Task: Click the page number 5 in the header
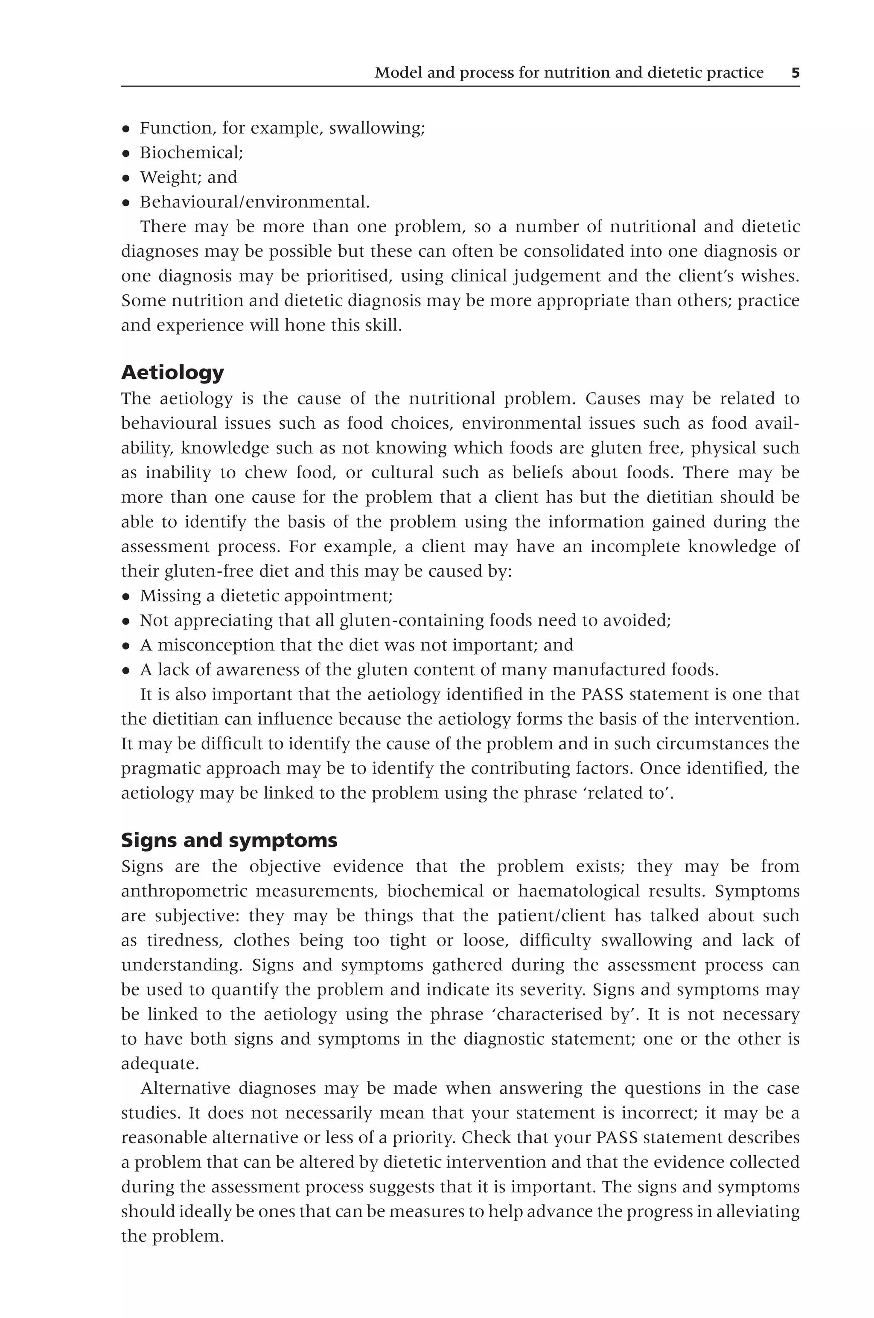click(795, 73)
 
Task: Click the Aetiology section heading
click(172, 372)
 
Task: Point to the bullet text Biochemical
click(191, 153)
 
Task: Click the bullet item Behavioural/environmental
click(254, 202)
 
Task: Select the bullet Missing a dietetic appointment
click(266, 596)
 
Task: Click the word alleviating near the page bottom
click(763, 1212)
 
